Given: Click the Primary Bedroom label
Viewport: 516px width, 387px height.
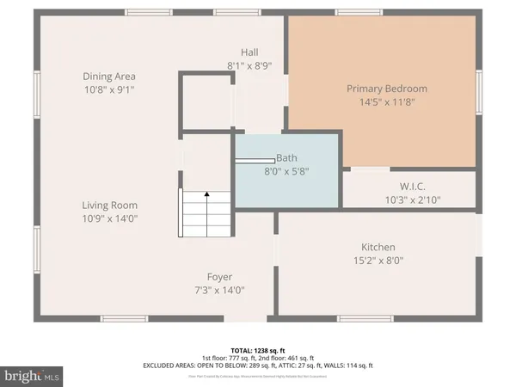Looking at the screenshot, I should pyautogui.click(x=386, y=89).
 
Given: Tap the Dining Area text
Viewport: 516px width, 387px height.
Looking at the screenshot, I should pyautogui.click(x=109, y=77).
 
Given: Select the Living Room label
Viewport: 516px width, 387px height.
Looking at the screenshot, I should pyautogui.click(x=109, y=206).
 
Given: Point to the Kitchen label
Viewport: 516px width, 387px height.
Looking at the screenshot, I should pyautogui.click(x=378, y=247).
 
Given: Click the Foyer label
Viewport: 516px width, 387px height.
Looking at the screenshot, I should pyautogui.click(x=219, y=277).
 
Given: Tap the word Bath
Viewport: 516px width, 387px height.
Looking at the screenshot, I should pyautogui.click(x=286, y=158).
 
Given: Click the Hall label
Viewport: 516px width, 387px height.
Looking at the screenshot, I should pyautogui.click(x=249, y=52).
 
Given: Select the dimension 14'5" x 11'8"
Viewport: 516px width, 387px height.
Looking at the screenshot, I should pyautogui.click(x=386, y=102).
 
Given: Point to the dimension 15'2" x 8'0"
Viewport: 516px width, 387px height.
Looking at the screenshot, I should pyautogui.click(x=378, y=260).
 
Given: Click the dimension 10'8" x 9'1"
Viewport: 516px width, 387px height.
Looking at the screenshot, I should pyautogui.click(x=109, y=89).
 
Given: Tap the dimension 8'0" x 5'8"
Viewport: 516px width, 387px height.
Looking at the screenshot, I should pyautogui.click(x=286, y=171).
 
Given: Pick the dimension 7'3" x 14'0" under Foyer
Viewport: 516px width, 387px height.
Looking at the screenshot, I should pyautogui.click(x=219, y=290).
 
